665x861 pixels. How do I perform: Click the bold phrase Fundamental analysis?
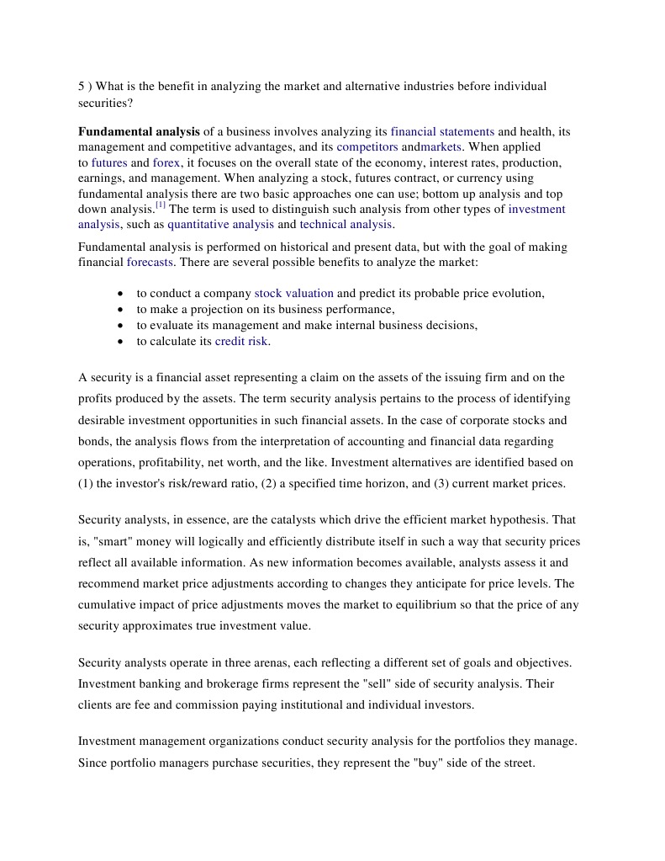tap(139, 132)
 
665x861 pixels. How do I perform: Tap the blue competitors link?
tap(367, 147)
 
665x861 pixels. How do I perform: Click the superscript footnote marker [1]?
tap(161, 205)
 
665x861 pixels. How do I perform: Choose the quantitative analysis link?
tap(220, 225)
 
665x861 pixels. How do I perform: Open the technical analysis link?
tap(346, 225)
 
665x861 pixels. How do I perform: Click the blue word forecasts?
tap(150, 263)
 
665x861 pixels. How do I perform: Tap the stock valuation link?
tap(293, 294)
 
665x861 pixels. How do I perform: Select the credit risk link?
tap(241, 342)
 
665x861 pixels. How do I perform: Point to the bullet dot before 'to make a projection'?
tap(122, 310)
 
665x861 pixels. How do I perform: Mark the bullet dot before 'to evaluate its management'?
tap(122, 326)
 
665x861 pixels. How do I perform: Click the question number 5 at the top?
tap(82, 87)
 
